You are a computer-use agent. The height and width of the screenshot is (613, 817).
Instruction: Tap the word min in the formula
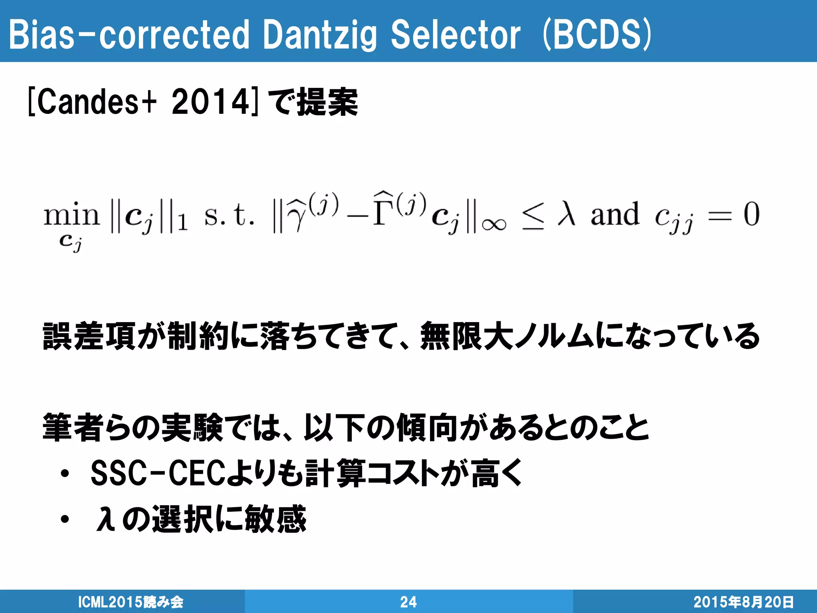[x=71, y=216]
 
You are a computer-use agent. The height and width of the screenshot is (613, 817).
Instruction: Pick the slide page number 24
[x=408, y=602]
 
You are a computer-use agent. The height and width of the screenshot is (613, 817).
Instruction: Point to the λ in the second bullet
[x=106, y=519]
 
